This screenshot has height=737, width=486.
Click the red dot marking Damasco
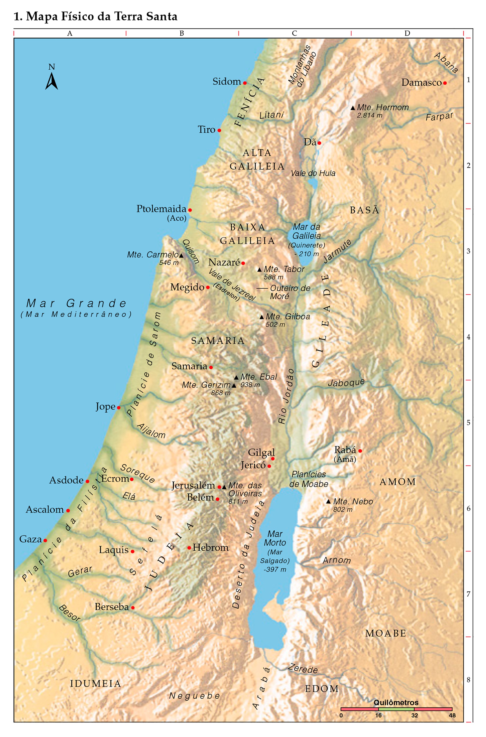tap(445, 83)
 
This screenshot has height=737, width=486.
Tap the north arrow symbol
tap(51, 81)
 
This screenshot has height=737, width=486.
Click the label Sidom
tap(227, 82)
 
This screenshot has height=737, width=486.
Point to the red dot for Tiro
tap(219, 130)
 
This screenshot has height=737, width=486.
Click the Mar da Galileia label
tap(307, 231)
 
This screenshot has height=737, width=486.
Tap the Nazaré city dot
tap(243, 263)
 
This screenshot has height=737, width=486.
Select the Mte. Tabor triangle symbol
tap(260, 270)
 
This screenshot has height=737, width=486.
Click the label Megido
tap(187, 287)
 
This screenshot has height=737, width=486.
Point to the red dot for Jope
tap(118, 408)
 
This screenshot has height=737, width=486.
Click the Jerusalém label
tap(193, 486)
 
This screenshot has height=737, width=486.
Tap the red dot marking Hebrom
tap(189, 548)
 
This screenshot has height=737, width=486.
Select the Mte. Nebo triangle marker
tap(328, 501)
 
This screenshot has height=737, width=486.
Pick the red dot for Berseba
tap(133, 608)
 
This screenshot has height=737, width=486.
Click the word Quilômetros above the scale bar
tap(396, 702)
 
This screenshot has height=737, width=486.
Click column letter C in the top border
tap(294, 33)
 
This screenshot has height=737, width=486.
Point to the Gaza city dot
tap(45, 540)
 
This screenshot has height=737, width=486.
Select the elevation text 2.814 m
tap(369, 115)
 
